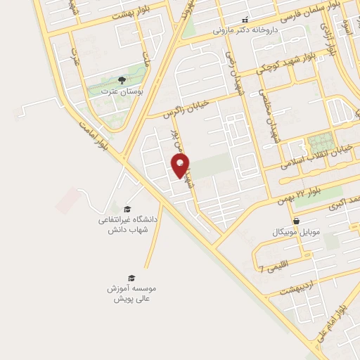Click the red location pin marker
click(x=180, y=166)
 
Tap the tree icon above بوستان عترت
click(x=122, y=81)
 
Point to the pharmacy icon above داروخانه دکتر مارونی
click(x=245, y=20)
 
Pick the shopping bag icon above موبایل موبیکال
click(x=296, y=220)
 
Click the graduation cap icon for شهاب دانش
click(x=128, y=209)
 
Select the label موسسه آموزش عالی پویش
click(x=131, y=293)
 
